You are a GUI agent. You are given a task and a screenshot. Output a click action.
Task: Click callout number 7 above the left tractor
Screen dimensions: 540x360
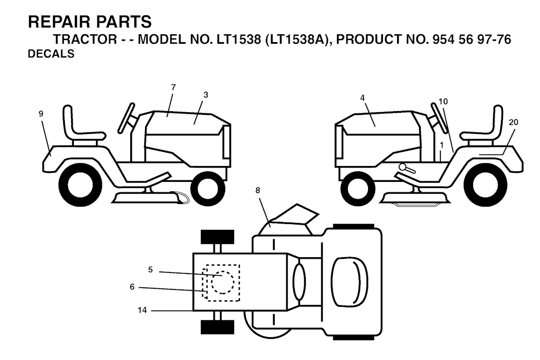click(x=173, y=87)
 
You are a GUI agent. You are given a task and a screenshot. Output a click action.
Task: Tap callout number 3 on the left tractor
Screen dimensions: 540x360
click(x=206, y=95)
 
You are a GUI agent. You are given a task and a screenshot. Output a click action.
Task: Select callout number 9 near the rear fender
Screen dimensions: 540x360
click(x=41, y=114)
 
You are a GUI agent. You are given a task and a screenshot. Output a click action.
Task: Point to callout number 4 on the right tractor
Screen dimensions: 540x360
click(x=362, y=98)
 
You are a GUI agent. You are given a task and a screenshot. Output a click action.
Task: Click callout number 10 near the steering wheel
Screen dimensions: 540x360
click(x=443, y=102)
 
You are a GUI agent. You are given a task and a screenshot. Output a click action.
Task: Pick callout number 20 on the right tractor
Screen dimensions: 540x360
click(x=513, y=122)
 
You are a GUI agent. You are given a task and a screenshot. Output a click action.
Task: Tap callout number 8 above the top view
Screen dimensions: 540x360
click(x=257, y=190)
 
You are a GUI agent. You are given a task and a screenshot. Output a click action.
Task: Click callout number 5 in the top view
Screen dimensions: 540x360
click(x=150, y=270)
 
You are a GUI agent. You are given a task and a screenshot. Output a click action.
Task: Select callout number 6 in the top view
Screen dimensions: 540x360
click(x=132, y=287)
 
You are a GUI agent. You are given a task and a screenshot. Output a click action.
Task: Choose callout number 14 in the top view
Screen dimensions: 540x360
click(x=142, y=310)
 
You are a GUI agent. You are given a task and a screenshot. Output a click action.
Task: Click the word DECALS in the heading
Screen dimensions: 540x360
click(x=51, y=54)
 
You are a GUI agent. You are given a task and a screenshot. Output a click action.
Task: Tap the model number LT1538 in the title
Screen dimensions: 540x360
click(x=239, y=40)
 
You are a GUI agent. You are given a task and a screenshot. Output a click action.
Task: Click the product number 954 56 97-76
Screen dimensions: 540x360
click(x=471, y=40)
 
